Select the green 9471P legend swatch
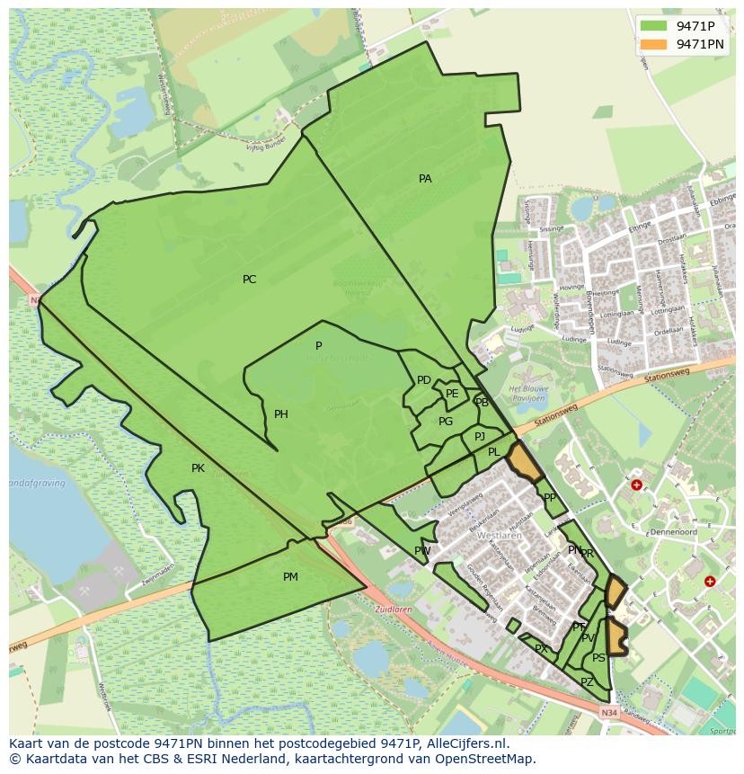653,25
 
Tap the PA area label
425,179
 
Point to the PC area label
249,280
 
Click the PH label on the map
281,414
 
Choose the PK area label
198,468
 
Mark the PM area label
290,577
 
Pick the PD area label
424,380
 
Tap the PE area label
452,394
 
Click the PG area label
446,422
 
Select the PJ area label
480,437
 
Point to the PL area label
494,452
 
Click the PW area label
422,551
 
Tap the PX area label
541,649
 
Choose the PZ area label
587,682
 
